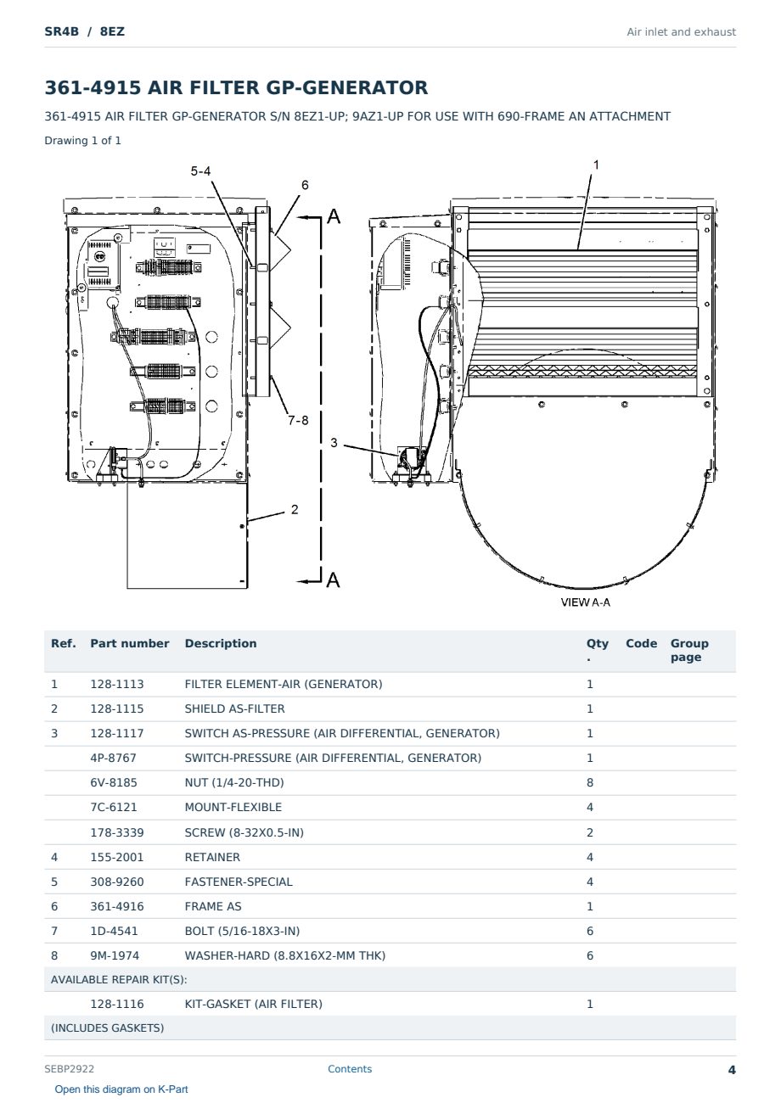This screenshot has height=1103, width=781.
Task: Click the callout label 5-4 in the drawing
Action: click(x=200, y=171)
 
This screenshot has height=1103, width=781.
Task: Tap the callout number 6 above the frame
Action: click(x=305, y=185)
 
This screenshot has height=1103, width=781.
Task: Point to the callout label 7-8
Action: click(x=298, y=420)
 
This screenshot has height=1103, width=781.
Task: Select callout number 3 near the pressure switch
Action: click(x=334, y=443)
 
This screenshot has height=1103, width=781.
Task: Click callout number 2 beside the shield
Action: click(x=295, y=509)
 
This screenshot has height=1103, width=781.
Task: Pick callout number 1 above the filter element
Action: click(x=596, y=165)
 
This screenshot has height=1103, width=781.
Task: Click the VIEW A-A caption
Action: click(x=586, y=602)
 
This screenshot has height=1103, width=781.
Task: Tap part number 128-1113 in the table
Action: click(x=117, y=684)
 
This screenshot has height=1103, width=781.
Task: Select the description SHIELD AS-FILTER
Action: click(x=234, y=708)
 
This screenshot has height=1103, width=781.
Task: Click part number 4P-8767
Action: click(x=113, y=758)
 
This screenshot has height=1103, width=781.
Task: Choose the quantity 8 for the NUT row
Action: click(x=590, y=782)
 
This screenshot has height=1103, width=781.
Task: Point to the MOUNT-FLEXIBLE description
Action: click(x=233, y=807)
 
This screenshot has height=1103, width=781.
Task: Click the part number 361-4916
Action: click(x=117, y=906)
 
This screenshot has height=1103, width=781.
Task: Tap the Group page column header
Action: click(x=689, y=650)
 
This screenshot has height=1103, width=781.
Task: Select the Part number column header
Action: click(x=130, y=643)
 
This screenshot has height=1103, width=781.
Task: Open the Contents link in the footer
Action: click(x=350, y=1068)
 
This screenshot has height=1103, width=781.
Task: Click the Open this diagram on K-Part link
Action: click(x=121, y=1089)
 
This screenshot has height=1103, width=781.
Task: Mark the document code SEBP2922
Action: click(x=69, y=1068)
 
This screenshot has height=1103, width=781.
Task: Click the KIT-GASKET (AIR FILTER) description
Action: click(x=253, y=1004)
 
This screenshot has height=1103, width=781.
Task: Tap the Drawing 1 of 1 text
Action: click(x=83, y=140)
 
